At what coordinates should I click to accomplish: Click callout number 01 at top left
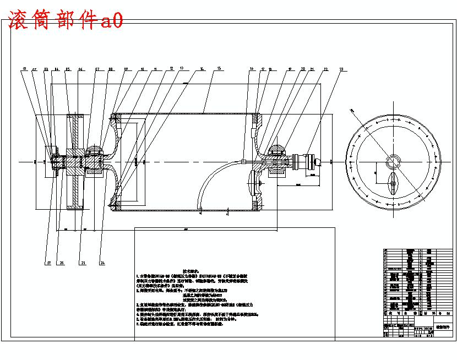[x=25, y=69]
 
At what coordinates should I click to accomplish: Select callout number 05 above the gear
[x=67, y=69]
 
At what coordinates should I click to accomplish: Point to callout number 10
[x=142, y=69]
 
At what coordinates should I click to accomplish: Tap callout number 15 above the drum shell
[x=219, y=68]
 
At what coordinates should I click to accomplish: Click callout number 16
[x=251, y=69]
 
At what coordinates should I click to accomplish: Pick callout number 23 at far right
[x=341, y=69]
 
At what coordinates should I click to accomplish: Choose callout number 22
[x=326, y=69]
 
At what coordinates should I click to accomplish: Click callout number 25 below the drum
[x=83, y=263]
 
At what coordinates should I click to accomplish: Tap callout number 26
[x=62, y=263]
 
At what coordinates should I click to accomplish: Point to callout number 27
[x=48, y=263]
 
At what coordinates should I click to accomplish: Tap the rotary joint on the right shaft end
[x=308, y=161]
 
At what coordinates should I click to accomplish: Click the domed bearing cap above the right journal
[x=278, y=148]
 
